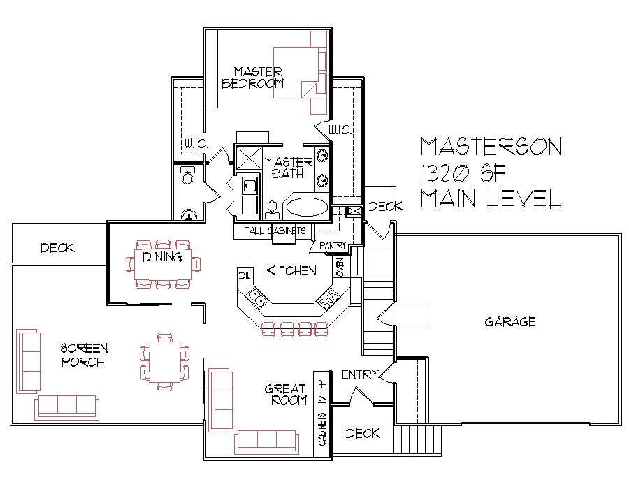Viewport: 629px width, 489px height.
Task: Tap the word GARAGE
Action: [x=509, y=322]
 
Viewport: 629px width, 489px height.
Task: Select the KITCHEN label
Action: [x=292, y=270]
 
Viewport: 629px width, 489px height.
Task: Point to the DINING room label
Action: [x=162, y=257]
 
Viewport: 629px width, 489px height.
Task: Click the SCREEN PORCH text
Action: [x=83, y=354]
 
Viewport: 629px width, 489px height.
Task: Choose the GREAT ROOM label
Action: [x=286, y=394]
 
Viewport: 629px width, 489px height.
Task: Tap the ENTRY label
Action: [x=359, y=374]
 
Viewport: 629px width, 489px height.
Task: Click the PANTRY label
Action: [x=333, y=246]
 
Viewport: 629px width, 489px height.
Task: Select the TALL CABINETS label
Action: [x=275, y=231]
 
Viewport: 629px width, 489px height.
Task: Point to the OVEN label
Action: [x=340, y=268]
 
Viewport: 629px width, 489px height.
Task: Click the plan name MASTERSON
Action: [x=490, y=146]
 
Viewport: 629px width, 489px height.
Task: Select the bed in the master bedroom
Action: [x=301, y=72]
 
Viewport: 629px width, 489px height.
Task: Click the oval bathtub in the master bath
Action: [x=307, y=207]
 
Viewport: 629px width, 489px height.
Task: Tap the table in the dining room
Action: [x=162, y=264]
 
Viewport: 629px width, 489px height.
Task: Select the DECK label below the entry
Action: [x=363, y=434]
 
